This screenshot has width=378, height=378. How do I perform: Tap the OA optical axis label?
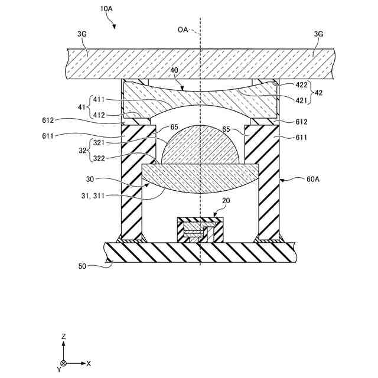[183, 29]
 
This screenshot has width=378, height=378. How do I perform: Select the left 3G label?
[82, 34]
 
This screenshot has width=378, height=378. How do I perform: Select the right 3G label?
[318, 34]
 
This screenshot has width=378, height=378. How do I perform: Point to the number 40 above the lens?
[174, 70]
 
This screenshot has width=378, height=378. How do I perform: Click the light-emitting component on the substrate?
[201, 230]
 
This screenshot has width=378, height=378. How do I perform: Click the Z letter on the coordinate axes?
[63, 336]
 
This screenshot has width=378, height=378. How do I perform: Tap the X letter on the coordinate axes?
[89, 363]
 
